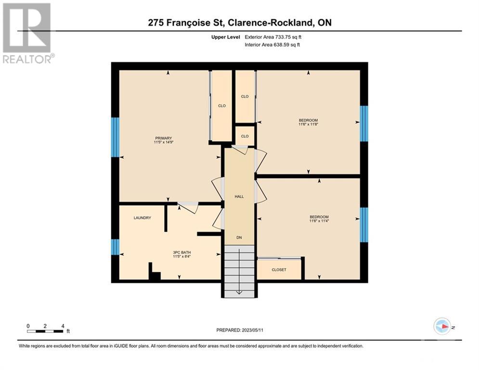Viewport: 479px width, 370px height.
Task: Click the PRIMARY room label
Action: tap(163, 138)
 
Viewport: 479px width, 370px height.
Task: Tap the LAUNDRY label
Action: tap(142, 218)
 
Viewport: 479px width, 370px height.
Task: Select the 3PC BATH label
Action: tap(182, 252)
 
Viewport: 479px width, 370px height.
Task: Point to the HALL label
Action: tap(239, 197)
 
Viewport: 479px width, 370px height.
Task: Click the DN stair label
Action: tap(239, 238)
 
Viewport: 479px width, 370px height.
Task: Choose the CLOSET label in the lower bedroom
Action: tap(279, 270)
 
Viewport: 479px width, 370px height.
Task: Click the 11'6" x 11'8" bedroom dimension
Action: tap(308, 124)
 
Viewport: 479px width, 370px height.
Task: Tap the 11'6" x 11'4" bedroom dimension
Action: tap(319, 221)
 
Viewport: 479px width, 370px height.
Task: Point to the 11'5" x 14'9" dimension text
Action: tap(163, 142)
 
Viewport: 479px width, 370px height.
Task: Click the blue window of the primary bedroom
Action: tap(115, 137)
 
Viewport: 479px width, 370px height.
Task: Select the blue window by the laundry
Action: tap(115, 247)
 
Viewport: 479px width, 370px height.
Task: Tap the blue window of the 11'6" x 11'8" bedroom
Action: tap(364, 123)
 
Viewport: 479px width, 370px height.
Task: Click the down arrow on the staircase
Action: tap(239, 272)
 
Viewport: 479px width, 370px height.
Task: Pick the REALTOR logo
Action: tap(28, 33)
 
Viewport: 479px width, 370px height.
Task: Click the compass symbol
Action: tap(442, 326)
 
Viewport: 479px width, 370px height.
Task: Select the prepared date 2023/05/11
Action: tap(252, 330)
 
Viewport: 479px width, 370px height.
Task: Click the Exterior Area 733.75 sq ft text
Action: tap(273, 37)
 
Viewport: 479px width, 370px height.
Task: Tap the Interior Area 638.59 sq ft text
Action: tap(272, 45)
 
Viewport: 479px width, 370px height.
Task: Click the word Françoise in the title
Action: tap(189, 23)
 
